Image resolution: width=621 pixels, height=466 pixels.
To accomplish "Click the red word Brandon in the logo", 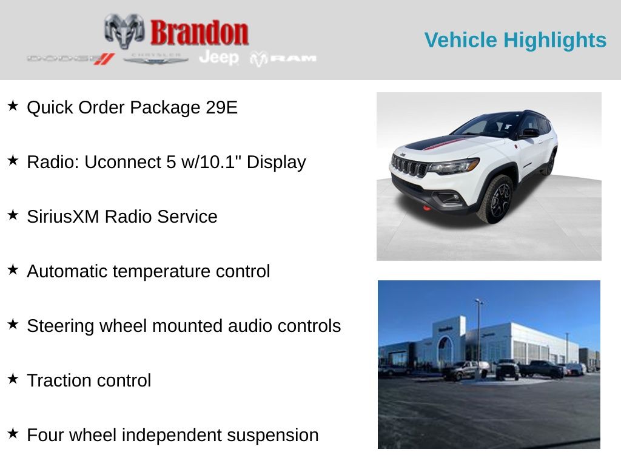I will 199,32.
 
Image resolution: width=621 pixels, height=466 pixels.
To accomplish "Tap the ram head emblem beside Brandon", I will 124,30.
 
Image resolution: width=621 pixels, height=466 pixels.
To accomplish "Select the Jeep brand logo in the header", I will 219,58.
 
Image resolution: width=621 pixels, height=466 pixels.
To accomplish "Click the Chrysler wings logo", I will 156,59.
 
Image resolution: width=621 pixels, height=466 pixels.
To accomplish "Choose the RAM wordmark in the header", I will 284,58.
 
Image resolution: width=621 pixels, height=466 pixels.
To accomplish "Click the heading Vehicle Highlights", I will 515,40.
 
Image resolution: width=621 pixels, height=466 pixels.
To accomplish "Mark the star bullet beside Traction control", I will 13,379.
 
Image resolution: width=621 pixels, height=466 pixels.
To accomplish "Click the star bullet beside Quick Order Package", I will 13,106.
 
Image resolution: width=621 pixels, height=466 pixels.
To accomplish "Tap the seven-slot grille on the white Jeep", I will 409,165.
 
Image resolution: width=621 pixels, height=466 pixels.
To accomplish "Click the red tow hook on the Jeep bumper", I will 427,208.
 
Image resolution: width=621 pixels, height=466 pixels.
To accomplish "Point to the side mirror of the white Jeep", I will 531,132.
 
